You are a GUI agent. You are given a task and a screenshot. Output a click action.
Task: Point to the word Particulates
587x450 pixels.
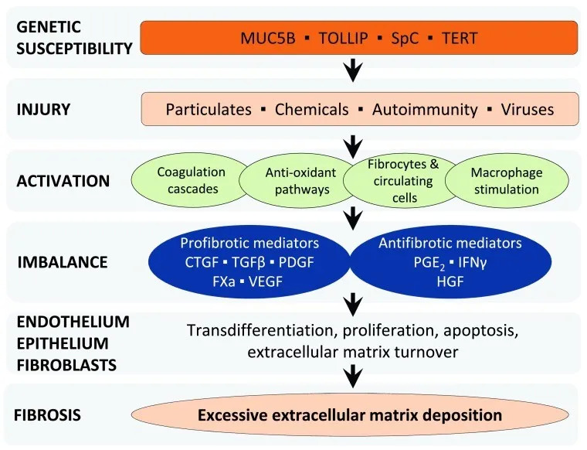tap(209, 109)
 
